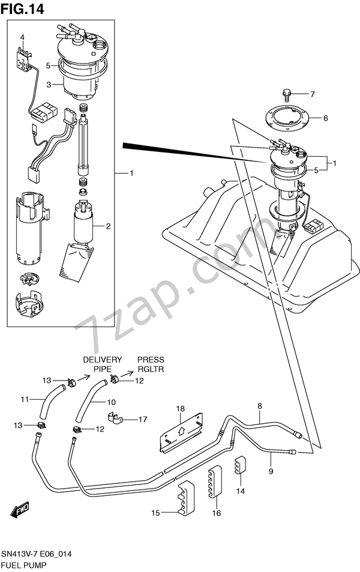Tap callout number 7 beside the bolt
pos(313,94)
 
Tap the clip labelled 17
pos(115,418)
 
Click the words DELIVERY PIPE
pos(103,364)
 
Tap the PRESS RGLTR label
pos(150,364)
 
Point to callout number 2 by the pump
pos(109,226)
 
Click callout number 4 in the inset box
pos(22,37)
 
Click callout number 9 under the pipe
pos(271,471)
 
